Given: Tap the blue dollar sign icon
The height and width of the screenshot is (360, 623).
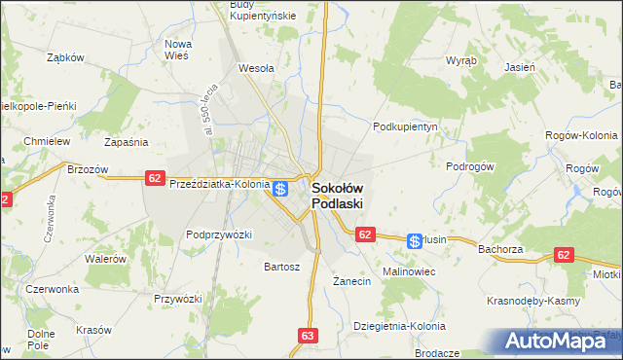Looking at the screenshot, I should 280,189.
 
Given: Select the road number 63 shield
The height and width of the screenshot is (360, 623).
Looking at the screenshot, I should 308,336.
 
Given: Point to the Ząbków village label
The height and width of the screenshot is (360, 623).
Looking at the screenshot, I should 66,57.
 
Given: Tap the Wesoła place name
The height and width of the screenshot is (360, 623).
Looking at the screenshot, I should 256,69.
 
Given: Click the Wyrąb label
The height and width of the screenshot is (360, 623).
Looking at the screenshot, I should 461,60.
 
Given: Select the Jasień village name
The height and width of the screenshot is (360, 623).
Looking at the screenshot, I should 520,68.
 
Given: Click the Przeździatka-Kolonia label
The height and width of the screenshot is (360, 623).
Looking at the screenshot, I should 219,183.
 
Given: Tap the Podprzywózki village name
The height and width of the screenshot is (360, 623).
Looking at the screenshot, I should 219,234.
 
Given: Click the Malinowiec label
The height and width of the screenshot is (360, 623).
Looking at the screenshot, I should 409,271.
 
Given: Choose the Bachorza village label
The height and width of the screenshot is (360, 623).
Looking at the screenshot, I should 502,249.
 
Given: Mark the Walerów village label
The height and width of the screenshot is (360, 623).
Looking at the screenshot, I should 106,259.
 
